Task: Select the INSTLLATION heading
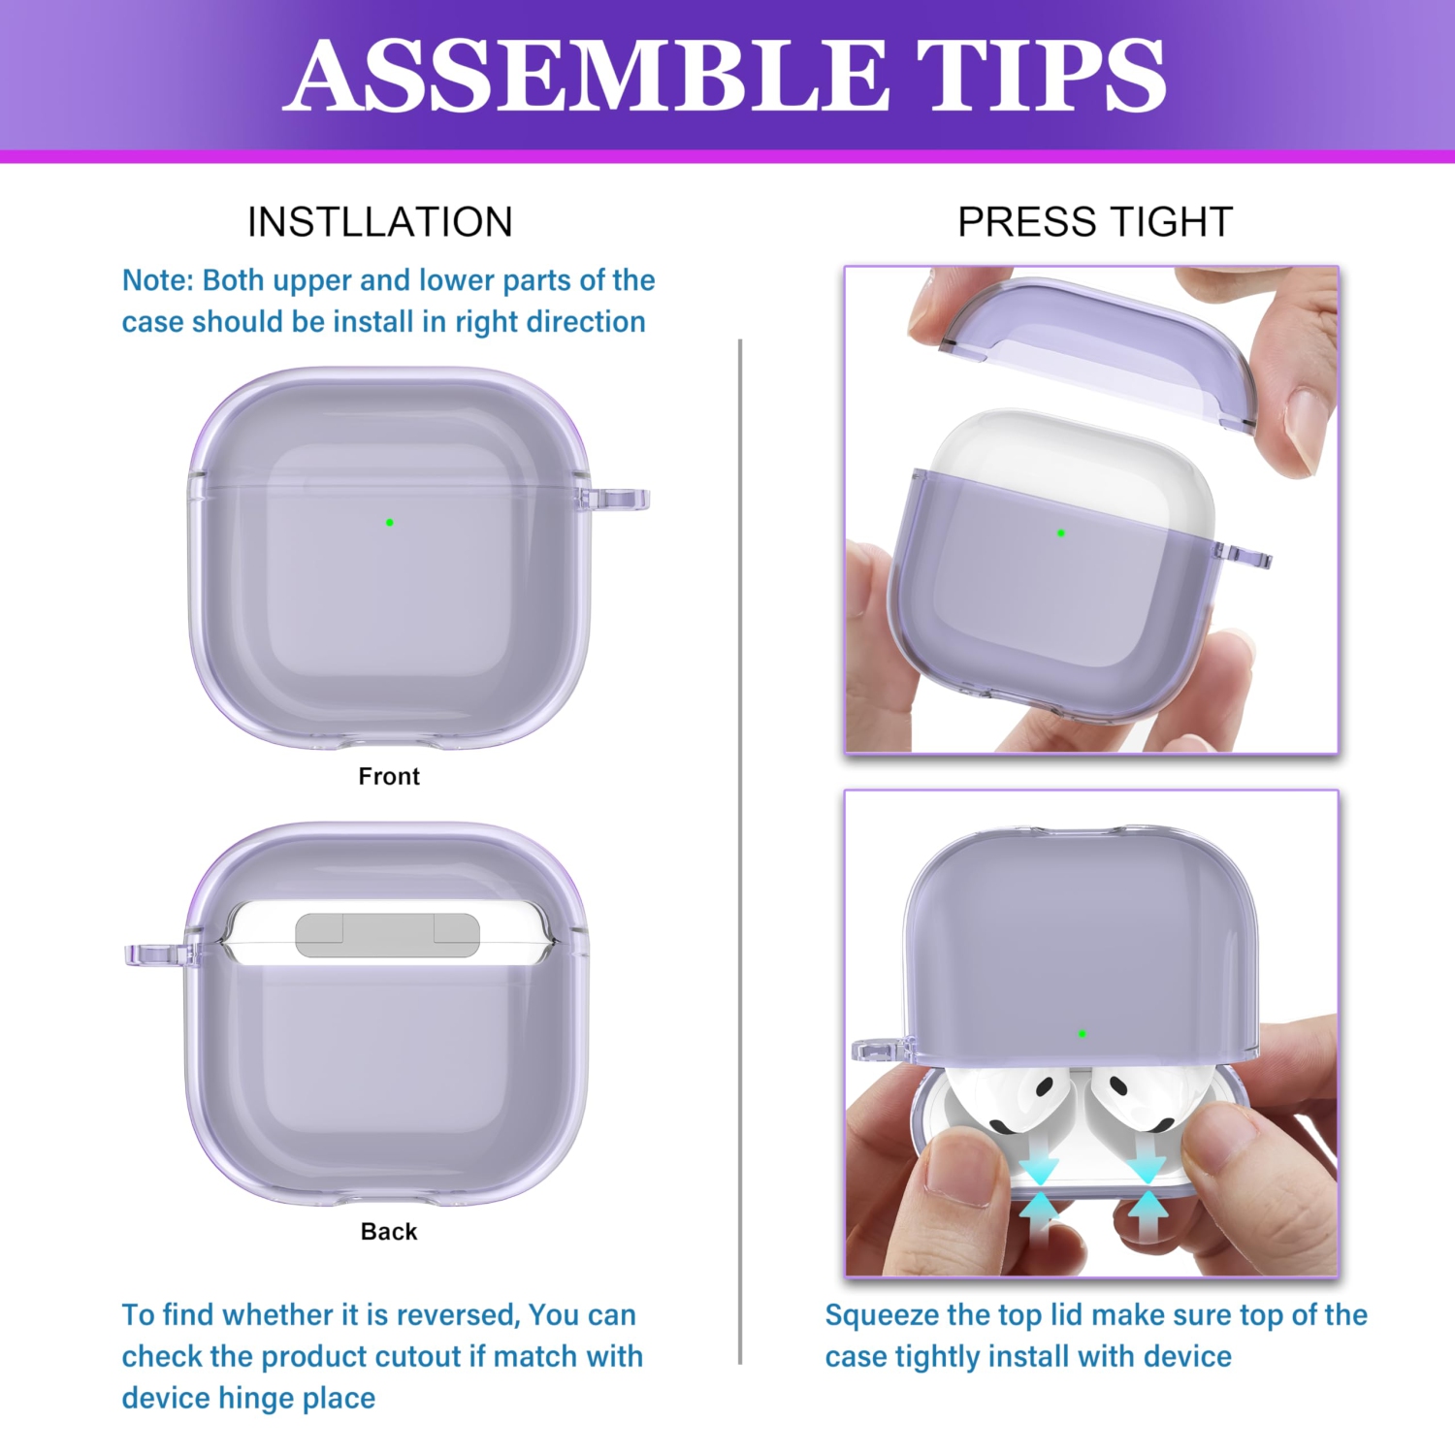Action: coord(379,222)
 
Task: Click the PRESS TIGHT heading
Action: coord(1094,222)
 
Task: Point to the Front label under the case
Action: coord(388,776)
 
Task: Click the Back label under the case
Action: coord(388,1231)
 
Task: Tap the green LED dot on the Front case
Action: coord(390,523)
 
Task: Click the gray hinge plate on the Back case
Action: coord(387,935)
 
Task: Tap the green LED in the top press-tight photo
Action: coord(1061,533)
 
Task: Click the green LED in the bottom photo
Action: coord(1083,1034)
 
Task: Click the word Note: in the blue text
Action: coord(158,280)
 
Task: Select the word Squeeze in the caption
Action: coord(882,1315)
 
